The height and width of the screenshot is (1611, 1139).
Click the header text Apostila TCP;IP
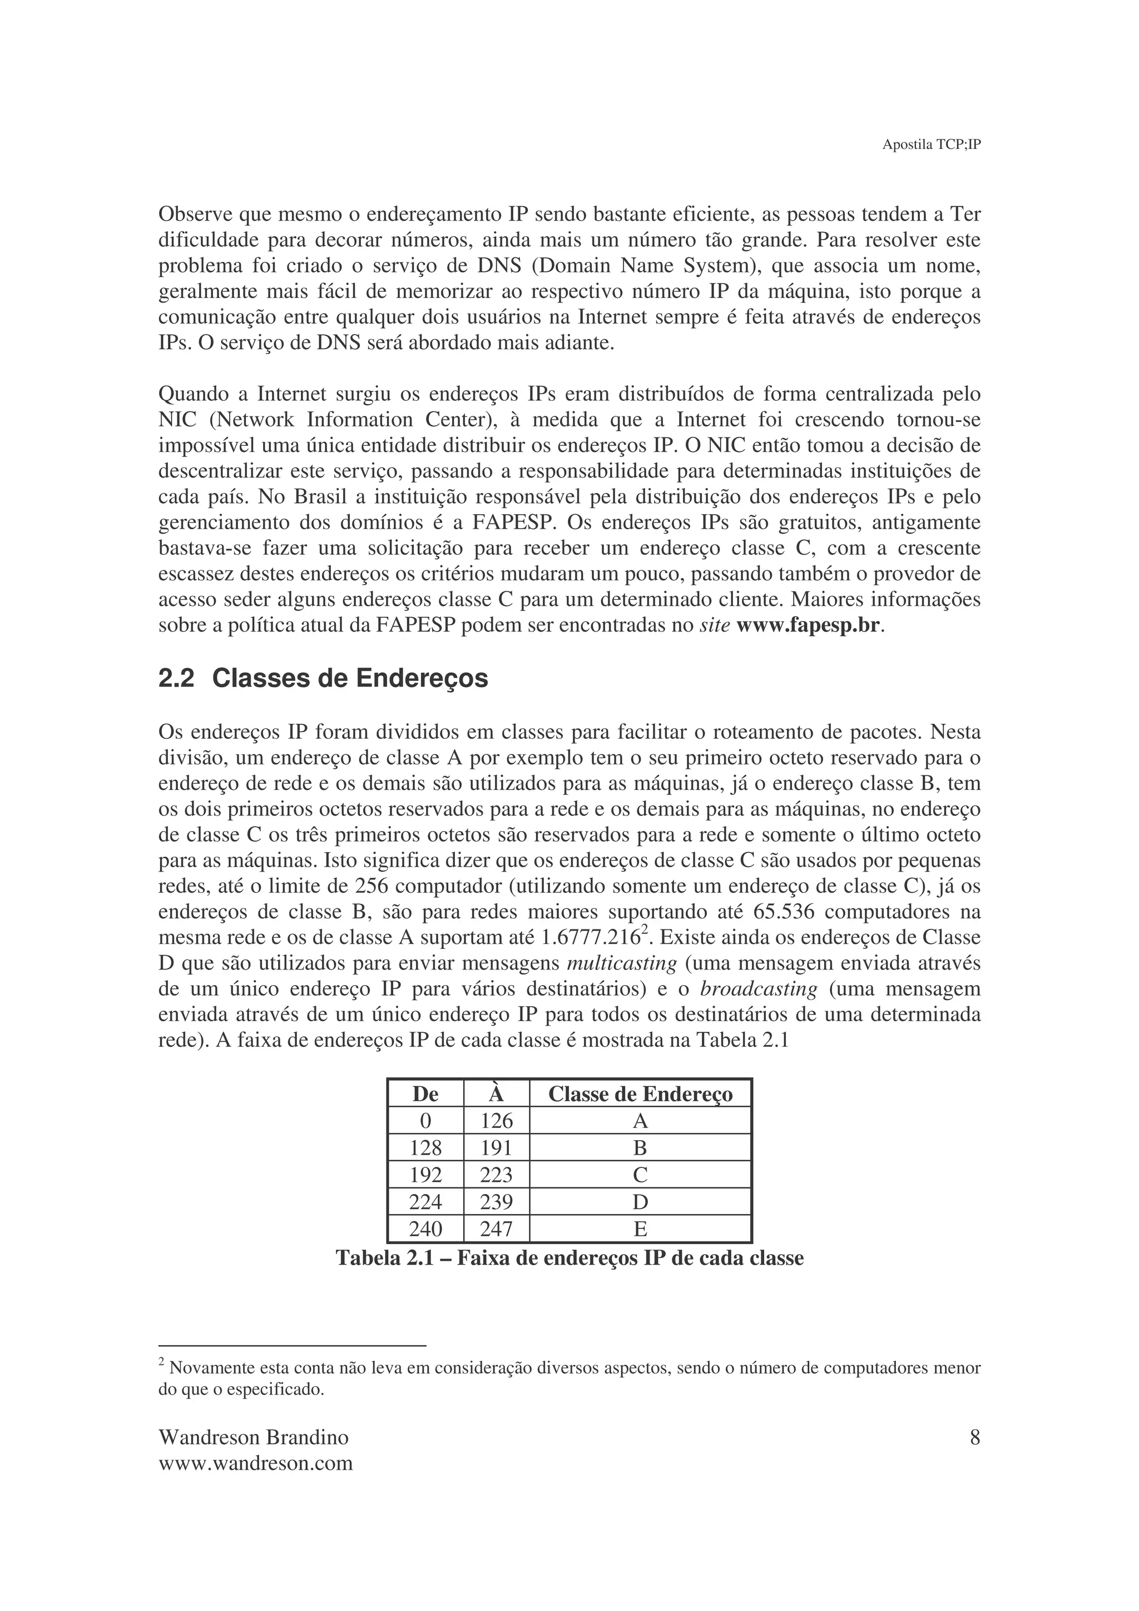[x=930, y=145]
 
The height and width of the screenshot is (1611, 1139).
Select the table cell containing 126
[x=496, y=1121]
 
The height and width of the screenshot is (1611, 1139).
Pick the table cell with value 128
[x=425, y=1148]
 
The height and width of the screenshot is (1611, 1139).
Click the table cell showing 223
[x=496, y=1175]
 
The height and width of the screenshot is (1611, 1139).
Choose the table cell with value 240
[x=425, y=1229]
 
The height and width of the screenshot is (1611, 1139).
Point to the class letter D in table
[x=640, y=1202]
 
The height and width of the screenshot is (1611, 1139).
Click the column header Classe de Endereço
[x=640, y=1094]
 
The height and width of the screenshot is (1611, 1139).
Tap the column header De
[x=425, y=1094]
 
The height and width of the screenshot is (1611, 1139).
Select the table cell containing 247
[x=496, y=1229]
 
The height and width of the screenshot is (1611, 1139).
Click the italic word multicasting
[x=621, y=963]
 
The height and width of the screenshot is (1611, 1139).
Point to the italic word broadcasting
[x=759, y=990]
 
